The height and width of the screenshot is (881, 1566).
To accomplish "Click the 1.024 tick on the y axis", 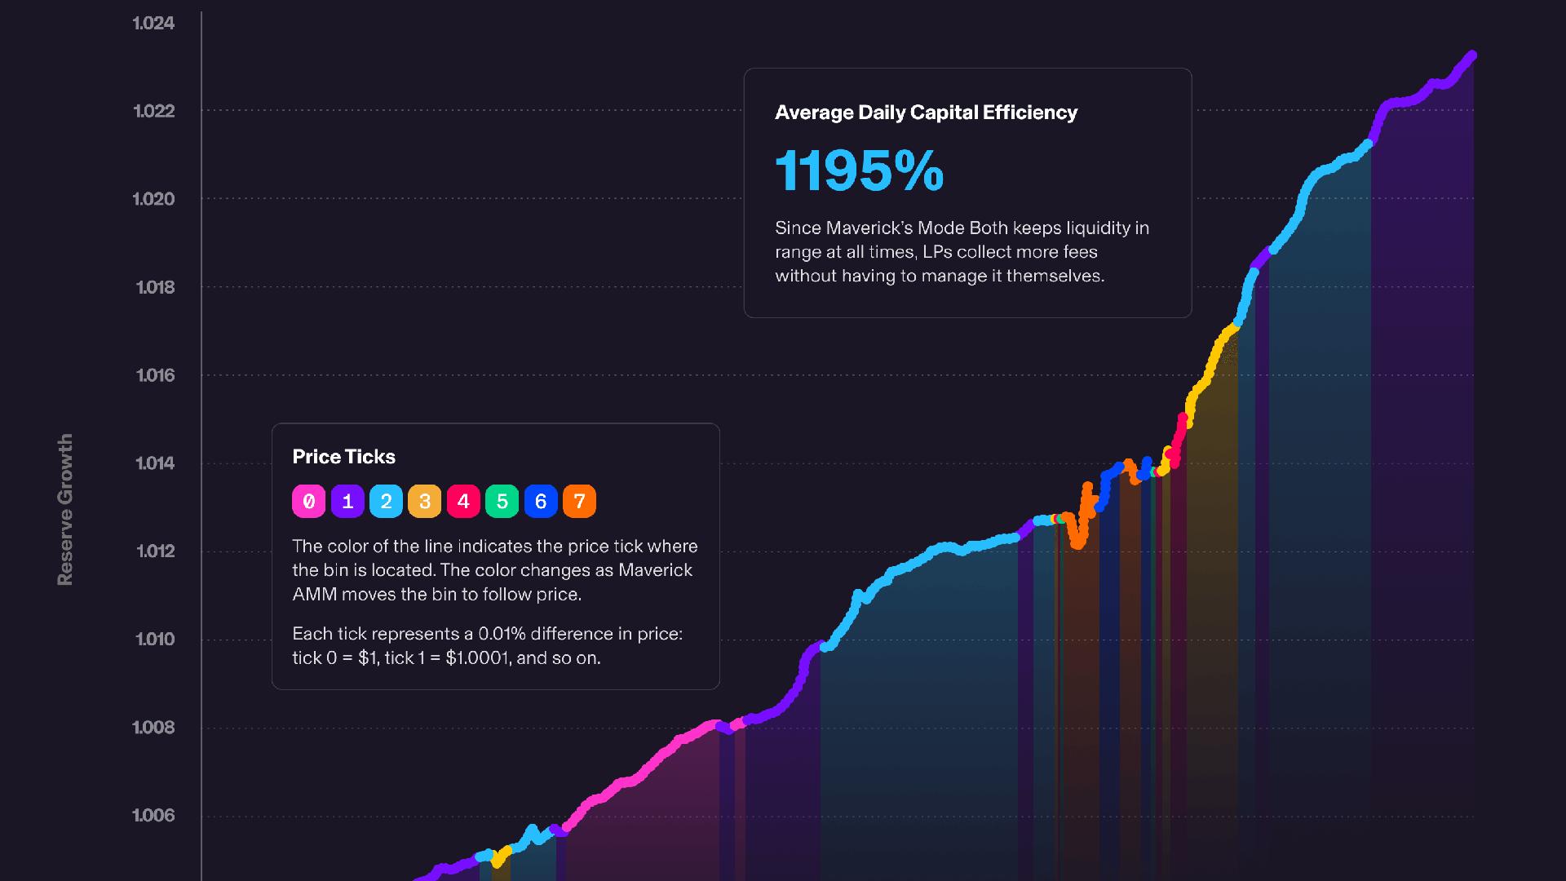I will [153, 23].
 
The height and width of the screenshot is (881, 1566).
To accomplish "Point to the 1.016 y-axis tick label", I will [155, 375].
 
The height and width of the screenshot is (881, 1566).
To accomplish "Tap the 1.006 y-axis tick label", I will [153, 816].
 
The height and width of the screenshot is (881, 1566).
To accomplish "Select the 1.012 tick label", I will [155, 551].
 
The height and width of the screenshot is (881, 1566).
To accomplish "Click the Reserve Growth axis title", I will [65, 509].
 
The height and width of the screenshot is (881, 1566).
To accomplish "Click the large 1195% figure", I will [859, 171].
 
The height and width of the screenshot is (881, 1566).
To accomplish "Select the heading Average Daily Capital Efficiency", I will [926, 113].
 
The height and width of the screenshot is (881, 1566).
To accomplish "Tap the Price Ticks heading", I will [343, 457].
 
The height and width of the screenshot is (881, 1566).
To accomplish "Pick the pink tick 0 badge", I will [308, 502].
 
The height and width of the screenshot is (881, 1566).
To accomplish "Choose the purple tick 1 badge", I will [347, 502].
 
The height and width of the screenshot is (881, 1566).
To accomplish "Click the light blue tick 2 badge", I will [386, 502].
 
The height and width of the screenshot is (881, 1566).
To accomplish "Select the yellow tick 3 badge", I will [425, 502].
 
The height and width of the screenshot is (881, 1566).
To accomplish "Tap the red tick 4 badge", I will [463, 502].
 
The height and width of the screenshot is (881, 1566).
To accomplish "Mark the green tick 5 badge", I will [502, 502].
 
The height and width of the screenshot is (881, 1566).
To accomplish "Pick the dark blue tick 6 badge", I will [541, 502].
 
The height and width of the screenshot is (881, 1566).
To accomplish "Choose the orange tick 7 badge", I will [579, 502].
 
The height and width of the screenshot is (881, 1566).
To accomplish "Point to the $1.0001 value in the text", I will [477, 658].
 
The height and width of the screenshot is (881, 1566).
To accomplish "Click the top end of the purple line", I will [1472, 55].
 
